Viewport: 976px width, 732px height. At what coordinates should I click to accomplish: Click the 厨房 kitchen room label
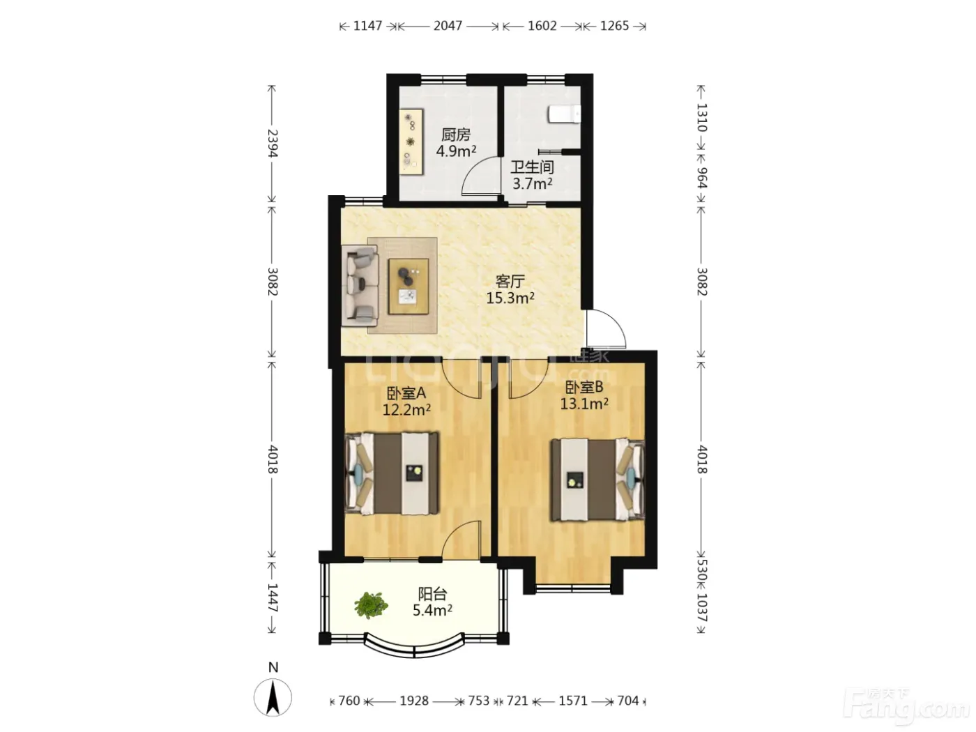tap(455, 135)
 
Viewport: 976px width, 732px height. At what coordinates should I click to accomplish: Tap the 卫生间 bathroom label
tap(532, 167)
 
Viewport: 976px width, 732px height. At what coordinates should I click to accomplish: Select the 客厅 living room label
tap(510, 282)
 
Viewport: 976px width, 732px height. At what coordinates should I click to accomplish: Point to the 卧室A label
tap(406, 393)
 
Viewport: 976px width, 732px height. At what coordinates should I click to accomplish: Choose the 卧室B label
tap(584, 388)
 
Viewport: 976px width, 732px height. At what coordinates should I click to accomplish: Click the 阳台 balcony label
tap(432, 594)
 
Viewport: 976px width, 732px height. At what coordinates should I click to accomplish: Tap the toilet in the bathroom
tap(564, 114)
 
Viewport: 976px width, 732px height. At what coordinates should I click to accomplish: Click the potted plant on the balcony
tap(370, 605)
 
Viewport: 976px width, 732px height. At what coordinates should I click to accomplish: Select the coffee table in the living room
tap(409, 287)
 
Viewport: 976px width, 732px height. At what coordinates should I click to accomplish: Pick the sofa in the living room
tap(360, 287)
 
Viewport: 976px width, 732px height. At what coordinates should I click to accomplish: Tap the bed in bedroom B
tap(597, 480)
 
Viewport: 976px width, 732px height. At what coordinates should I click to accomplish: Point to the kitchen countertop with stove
tap(411, 142)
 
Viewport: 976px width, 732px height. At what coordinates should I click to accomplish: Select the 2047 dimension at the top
tap(448, 26)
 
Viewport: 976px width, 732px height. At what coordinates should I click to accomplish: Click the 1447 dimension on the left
tap(272, 597)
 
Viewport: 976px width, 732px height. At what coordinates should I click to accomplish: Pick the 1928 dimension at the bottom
tap(414, 701)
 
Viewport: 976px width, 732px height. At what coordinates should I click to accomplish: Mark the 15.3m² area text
tap(510, 298)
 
